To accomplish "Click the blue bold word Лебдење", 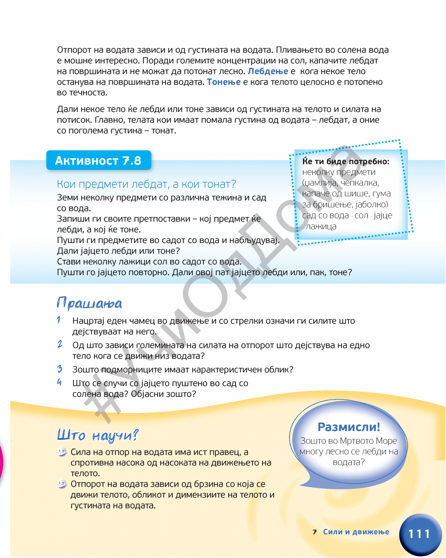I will (268, 71).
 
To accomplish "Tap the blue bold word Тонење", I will (224, 82).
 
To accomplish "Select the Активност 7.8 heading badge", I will (98, 160).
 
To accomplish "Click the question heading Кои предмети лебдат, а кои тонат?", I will (146, 184).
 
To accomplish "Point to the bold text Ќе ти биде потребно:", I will (346, 162).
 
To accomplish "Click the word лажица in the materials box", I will (321, 226).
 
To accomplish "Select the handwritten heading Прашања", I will (89, 303).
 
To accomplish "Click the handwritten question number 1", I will (59, 320).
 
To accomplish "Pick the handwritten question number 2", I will (60, 344).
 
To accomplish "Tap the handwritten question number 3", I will (60, 369).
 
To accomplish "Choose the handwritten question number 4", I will (59, 382).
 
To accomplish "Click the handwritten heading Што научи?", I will (98, 435).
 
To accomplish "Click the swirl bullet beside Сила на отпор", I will (62, 452).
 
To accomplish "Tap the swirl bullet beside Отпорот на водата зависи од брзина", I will (62, 484).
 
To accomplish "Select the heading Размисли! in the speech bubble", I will (349, 427).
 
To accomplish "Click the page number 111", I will (420, 534).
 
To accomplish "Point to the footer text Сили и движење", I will (356, 532).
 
